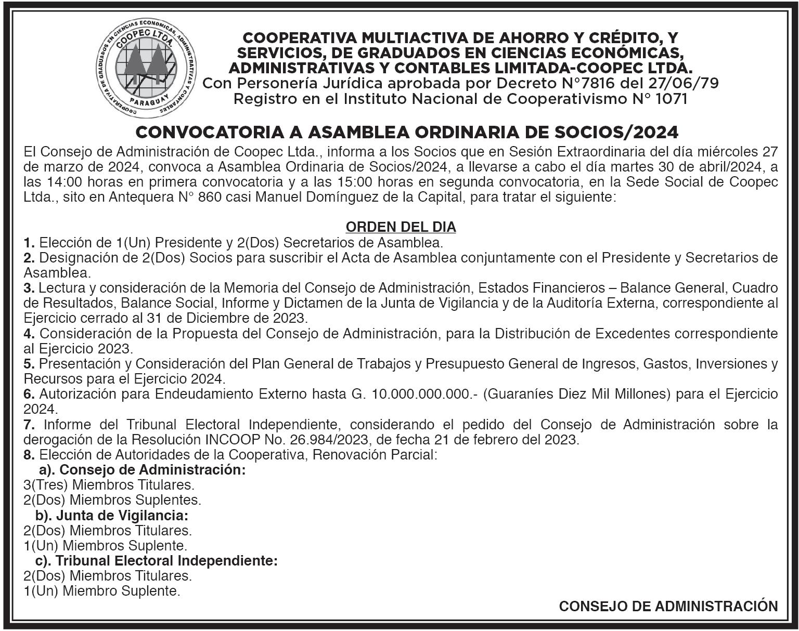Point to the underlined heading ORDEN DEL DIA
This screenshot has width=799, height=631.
click(401, 227)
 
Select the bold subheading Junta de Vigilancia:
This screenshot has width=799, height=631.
click(121, 516)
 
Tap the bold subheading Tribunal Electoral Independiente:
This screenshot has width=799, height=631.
click(166, 561)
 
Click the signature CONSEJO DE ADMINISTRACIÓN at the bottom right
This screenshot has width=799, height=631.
click(668, 606)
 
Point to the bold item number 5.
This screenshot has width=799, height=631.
click(29, 364)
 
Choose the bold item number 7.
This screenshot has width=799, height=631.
click(29, 424)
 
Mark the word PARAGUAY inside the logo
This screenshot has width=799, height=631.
click(141, 100)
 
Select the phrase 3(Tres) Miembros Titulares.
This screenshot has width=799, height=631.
click(109, 485)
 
